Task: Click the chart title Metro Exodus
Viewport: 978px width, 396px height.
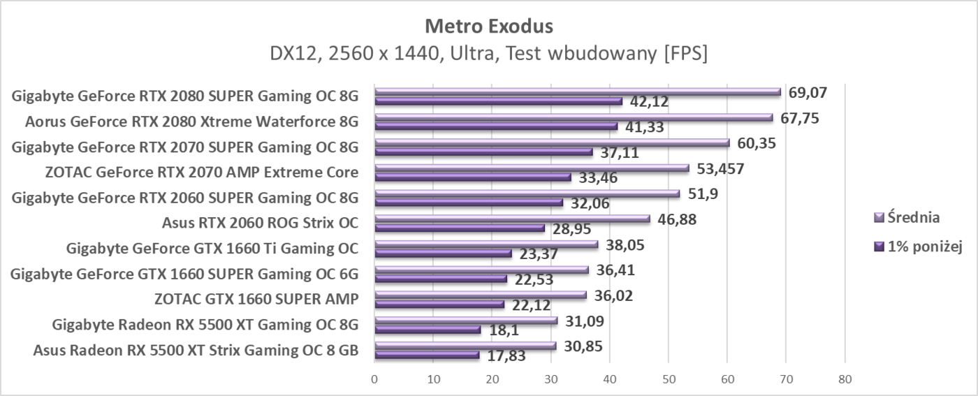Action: click(488, 27)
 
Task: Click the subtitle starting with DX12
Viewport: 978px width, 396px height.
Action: click(488, 54)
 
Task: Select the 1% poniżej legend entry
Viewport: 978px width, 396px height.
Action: click(919, 247)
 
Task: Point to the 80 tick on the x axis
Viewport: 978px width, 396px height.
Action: click(845, 379)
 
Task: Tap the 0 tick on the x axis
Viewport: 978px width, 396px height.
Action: click(375, 379)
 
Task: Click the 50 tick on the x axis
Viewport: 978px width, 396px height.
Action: click(669, 379)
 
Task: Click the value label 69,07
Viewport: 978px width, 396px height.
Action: click(808, 92)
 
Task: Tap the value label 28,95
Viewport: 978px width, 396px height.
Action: click(572, 229)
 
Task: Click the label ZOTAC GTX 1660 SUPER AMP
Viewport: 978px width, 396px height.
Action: click(256, 299)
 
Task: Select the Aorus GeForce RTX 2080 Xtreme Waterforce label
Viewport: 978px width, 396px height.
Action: click(191, 122)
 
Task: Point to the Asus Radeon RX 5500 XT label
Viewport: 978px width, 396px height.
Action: click(196, 350)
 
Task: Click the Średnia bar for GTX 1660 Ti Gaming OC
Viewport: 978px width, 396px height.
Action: click(486, 244)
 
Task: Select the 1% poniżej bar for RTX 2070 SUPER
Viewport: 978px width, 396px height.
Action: click(483, 152)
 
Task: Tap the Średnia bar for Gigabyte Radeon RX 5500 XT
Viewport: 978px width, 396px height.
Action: click(466, 321)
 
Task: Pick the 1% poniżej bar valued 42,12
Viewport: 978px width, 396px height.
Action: click(498, 101)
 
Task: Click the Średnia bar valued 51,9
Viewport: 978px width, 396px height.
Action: click(527, 193)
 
